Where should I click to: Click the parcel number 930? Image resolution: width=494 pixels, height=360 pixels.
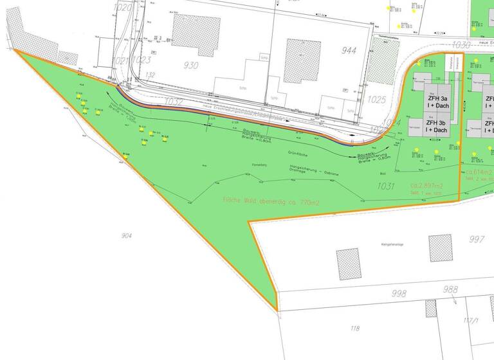(190, 66)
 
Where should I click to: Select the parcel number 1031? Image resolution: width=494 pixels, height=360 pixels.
(386, 186)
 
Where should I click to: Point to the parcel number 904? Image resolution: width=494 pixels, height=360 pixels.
(126, 236)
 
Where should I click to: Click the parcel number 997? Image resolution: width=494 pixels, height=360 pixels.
(477, 240)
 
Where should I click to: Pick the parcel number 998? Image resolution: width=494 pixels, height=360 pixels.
(399, 294)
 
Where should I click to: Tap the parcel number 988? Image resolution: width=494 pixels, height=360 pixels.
(450, 290)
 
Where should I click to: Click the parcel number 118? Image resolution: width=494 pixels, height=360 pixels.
(354, 329)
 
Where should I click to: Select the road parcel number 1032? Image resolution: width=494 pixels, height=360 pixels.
(174, 102)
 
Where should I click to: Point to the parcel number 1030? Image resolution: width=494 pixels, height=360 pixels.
(461, 45)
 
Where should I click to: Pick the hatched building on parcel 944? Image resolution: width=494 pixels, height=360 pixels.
(302, 61)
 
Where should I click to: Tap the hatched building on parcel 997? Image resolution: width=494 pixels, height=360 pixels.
(441, 248)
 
